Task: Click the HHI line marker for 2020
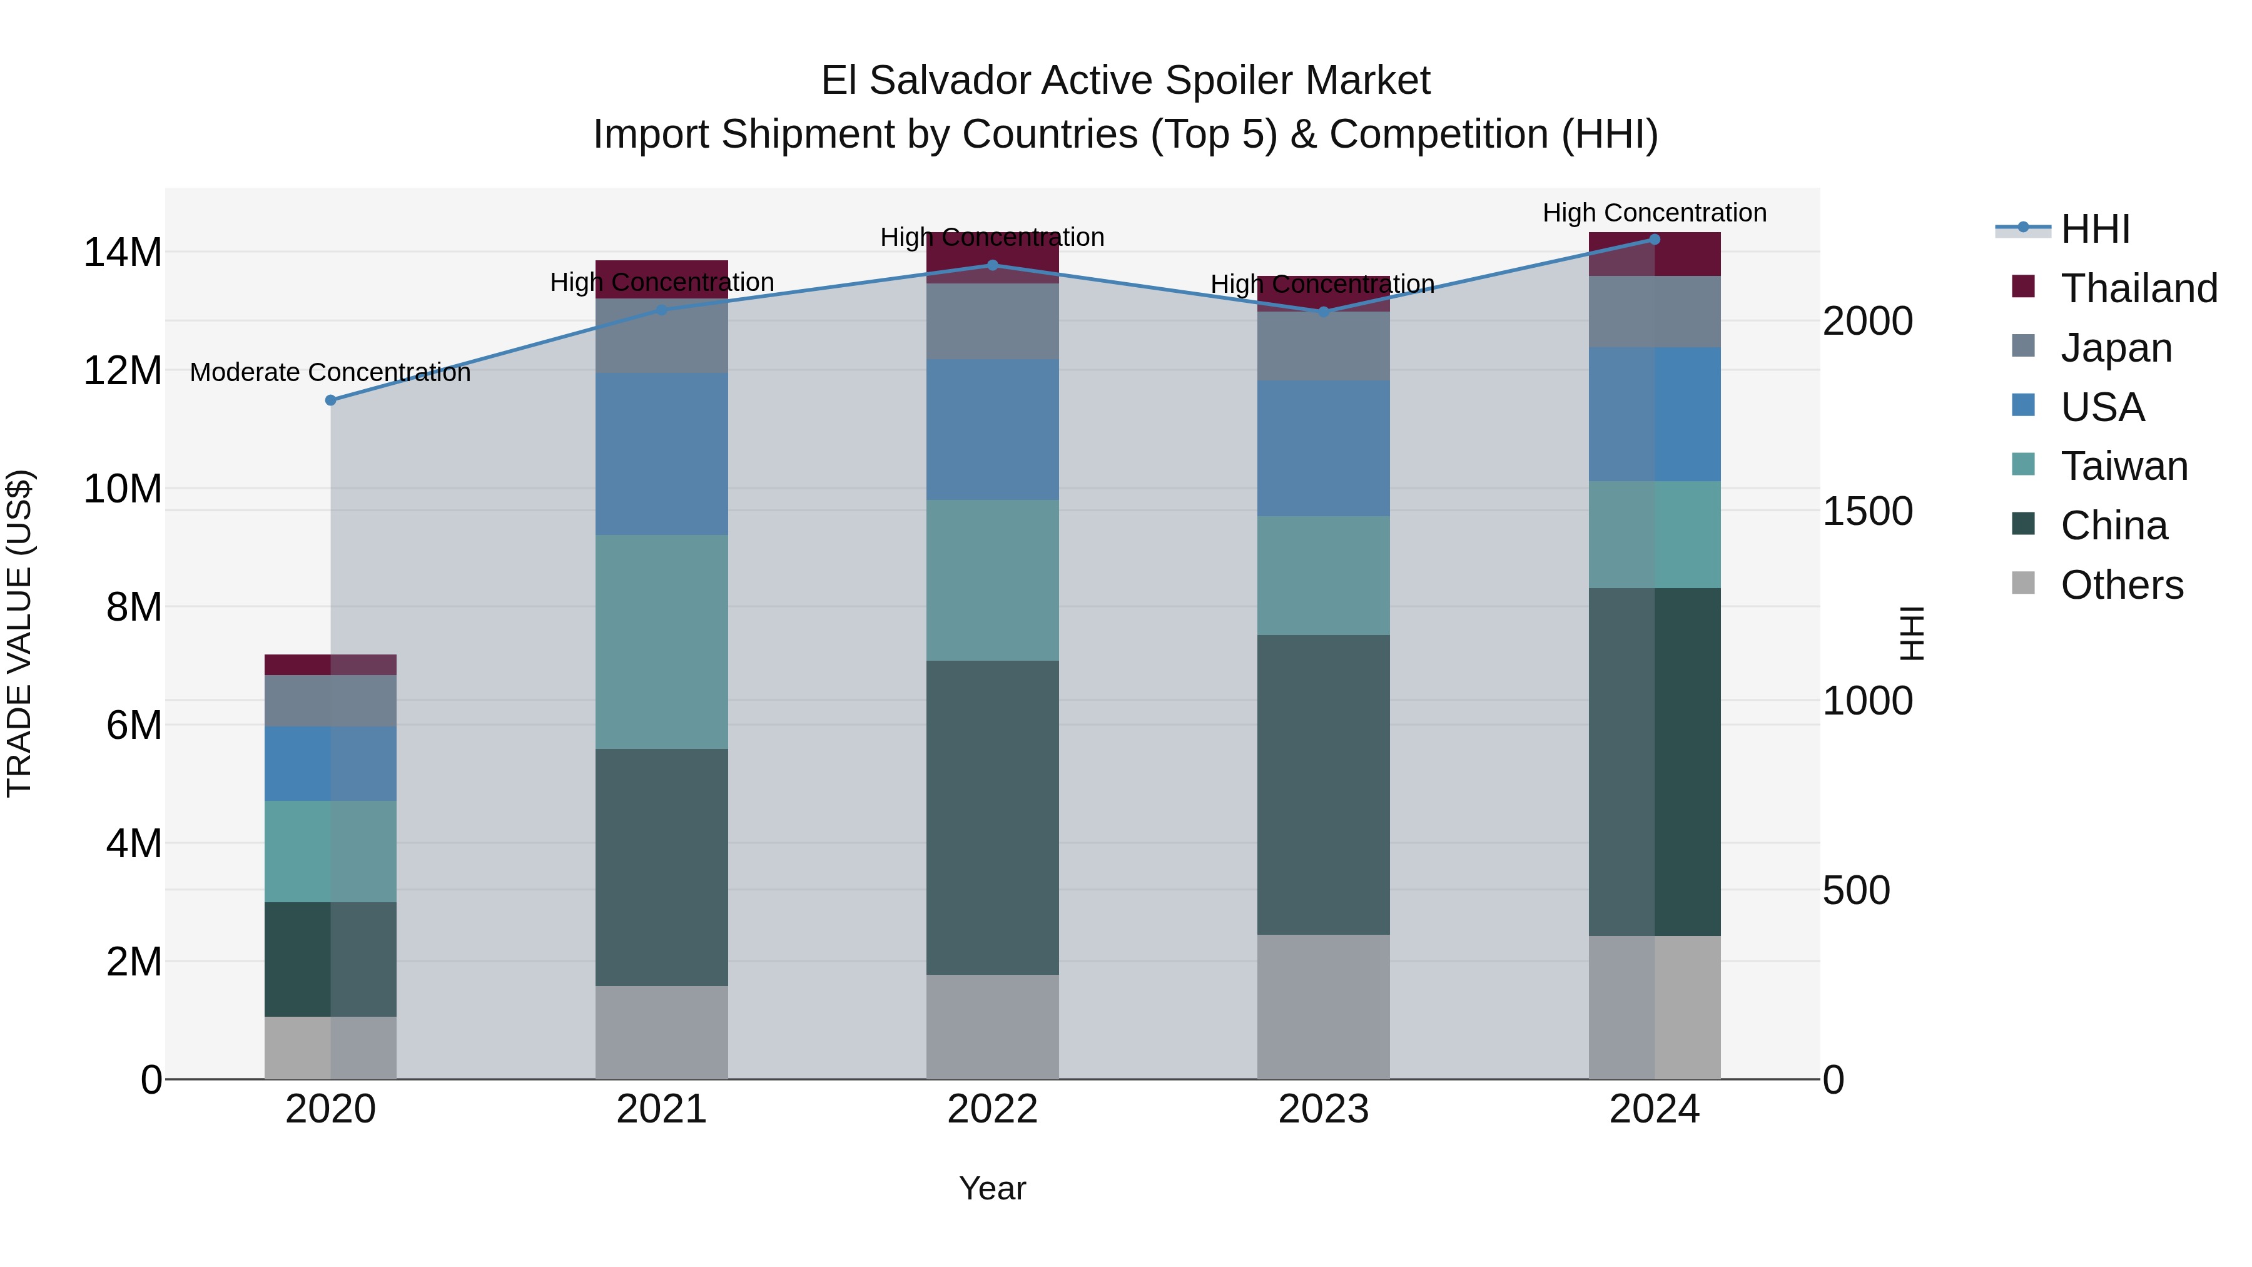[330, 400]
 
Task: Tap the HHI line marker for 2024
[1654, 239]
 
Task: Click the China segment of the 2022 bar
[992, 818]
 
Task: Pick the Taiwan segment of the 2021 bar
[661, 642]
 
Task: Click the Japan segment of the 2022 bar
[992, 322]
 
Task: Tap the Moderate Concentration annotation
[330, 372]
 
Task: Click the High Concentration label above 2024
[1654, 213]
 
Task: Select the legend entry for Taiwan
[2124, 466]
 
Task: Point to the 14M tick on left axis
[123, 253]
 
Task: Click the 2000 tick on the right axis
[1867, 321]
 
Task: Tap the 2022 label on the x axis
[992, 1109]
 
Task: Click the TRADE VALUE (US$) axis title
[19, 633]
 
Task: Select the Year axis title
[992, 1188]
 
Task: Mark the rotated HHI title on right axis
[1912, 633]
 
